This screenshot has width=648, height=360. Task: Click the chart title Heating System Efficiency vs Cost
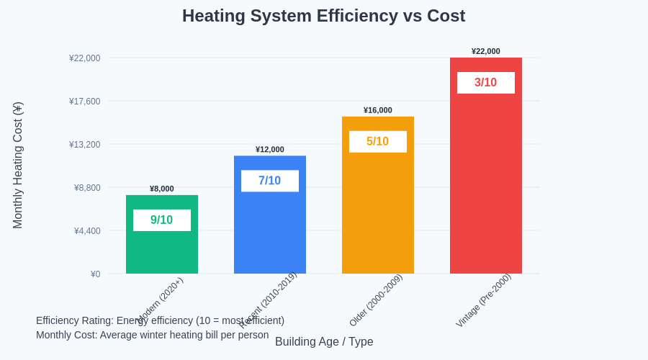(323, 16)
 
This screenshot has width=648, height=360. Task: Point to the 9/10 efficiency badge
(162, 220)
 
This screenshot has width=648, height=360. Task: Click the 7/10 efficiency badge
(270, 181)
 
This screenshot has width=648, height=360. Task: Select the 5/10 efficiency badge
(378, 142)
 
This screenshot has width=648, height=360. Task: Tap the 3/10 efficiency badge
(486, 83)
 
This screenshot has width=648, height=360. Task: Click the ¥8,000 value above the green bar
(162, 189)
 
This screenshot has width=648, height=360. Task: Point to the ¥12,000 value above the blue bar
(270, 150)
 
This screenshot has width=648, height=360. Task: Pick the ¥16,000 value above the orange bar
(378, 110)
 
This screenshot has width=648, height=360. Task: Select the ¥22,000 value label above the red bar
(486, 51)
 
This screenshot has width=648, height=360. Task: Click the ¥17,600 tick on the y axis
(85, 102)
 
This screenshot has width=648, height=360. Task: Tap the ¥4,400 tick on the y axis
(87, 231)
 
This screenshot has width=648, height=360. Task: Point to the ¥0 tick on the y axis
(95, 274)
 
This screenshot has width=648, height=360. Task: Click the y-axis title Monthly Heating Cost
(18, 165)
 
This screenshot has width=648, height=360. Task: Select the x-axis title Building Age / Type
(324, 342)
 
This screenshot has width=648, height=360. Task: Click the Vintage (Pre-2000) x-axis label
(483, 300)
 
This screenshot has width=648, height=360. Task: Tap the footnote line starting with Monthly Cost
(152, 335)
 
